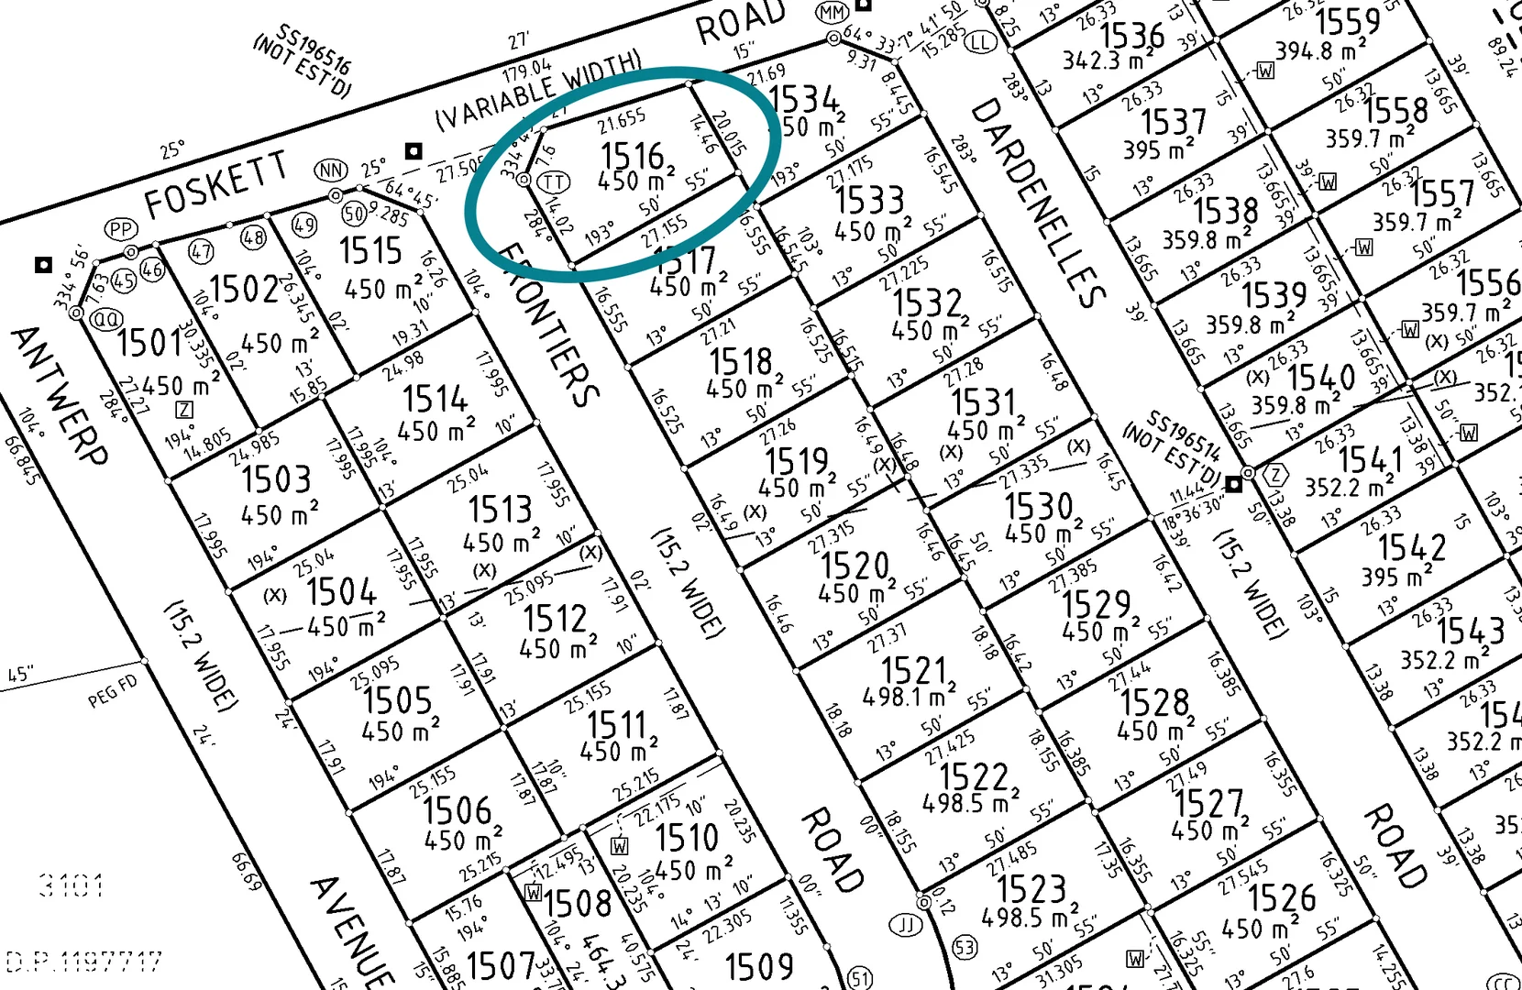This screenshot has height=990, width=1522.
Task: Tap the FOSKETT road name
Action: coord(215,186)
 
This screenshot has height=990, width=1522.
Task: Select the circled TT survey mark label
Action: coord(553,182)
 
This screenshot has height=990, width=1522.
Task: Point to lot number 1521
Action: coord(913,670)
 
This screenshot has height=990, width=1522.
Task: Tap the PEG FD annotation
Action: coord(113,691)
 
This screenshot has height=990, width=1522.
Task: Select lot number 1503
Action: coord(276,479)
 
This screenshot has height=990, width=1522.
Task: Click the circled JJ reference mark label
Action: coord(907,924)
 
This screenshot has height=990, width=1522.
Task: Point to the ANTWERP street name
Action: coord(60,395)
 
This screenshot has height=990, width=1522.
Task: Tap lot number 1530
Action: coord(1038,506)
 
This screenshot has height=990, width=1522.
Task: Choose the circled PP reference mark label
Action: coord(121,228)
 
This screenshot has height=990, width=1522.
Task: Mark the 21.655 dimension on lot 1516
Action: coord(622,121)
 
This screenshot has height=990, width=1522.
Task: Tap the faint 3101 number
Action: coord(72,885)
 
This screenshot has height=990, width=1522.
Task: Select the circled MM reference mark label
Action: coord(832,13)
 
